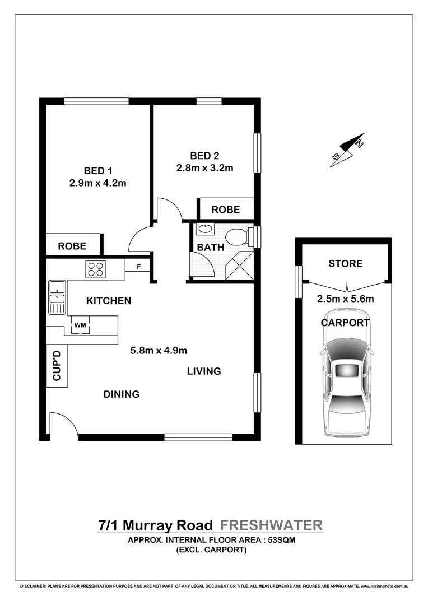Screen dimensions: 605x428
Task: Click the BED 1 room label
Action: point(101,170)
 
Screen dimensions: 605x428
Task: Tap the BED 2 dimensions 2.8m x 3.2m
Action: point(204,167)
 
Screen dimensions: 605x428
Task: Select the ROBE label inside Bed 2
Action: point(225,210)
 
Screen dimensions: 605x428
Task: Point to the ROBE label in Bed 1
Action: point(72,245)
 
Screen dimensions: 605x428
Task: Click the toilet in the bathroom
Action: point(241,236)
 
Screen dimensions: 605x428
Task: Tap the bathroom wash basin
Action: point(204,229)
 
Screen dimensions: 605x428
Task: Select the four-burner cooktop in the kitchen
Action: point(95,269)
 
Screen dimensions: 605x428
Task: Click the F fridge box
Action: point(137,267)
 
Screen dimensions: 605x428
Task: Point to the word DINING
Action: point(121,394)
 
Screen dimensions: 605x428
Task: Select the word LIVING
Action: point(204,371)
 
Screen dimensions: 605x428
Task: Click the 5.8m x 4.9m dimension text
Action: point(159,351)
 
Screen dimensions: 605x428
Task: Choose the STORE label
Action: point(345,263)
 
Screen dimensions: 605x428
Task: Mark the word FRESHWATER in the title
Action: point(271,525)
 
